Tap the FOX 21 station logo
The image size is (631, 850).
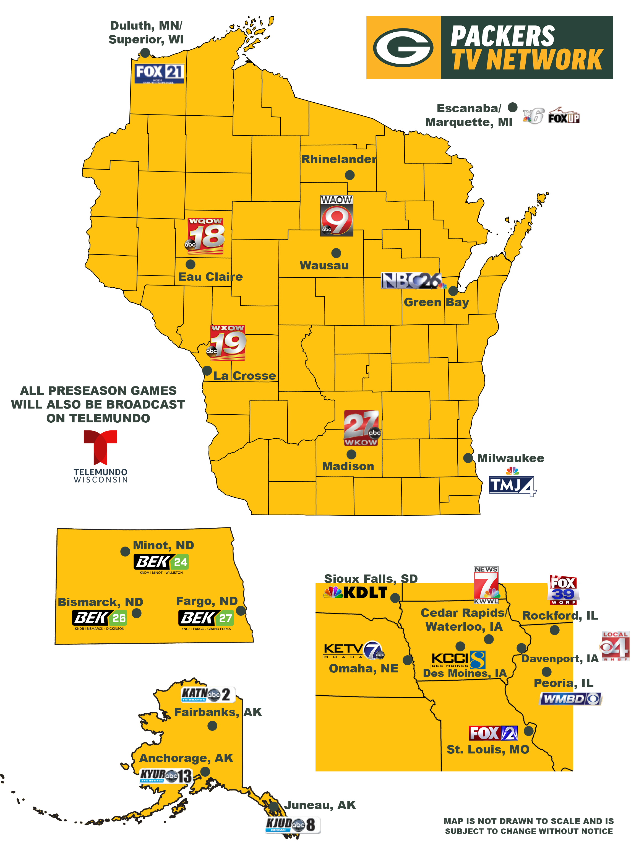click(x=160, y=73)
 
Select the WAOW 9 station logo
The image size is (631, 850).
click(x=337, y=216)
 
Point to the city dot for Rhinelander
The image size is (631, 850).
click(x=350, y=175)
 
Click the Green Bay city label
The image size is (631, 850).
click(x=436, y=302)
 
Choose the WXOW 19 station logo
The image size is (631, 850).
click(x=228, y=343)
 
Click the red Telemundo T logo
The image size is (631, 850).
click(x=100, y=447)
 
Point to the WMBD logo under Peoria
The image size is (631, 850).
click(x=570, y=699)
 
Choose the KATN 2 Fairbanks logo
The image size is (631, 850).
click(x=208, y=694)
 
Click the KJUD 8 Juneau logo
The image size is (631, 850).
click(x=293, y=825)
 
